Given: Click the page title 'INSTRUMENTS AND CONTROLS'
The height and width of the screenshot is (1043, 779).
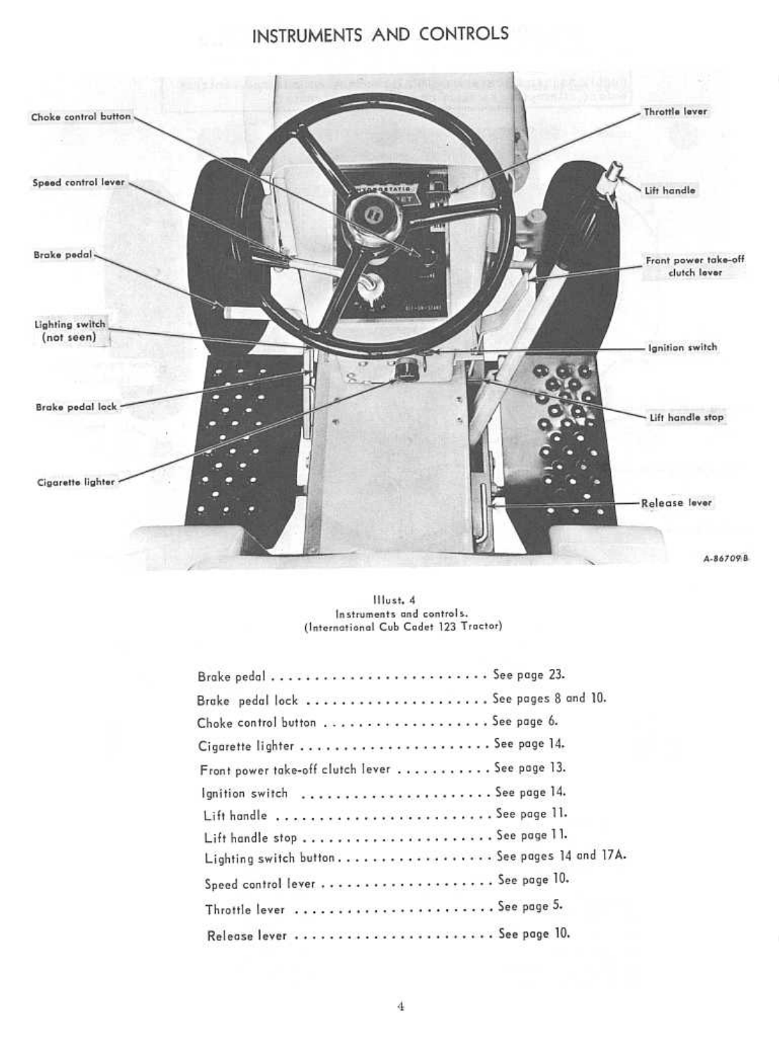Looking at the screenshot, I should coord(380,34).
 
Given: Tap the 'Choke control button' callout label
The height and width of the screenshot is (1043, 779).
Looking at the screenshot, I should coord(81,117).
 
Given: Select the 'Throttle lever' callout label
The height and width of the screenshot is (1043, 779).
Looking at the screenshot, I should coord(675,112).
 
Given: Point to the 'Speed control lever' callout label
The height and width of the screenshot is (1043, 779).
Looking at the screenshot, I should coord(78,183).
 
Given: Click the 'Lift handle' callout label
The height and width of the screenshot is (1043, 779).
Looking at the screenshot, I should coord(669,190).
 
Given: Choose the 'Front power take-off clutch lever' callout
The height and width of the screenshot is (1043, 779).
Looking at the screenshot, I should coord(694,266).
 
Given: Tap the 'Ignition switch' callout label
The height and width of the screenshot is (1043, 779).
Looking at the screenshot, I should coord(682,347).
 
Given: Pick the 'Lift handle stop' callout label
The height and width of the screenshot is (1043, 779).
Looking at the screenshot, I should coord(685,417).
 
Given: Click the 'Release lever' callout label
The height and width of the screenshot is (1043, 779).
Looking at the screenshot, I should coord(676,503).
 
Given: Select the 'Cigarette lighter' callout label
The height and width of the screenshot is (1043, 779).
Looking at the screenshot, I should coord(75,482).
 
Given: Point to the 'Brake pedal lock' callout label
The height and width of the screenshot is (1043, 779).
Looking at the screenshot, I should coord(76,407).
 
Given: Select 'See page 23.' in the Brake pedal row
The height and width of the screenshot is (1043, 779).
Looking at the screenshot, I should coord(529,675).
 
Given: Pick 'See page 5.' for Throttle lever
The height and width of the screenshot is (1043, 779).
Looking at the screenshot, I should coord(530,906).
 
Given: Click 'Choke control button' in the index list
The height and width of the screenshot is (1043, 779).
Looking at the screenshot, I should coord(256,723).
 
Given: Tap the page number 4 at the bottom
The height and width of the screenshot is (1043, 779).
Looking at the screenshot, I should coord(401,1006).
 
